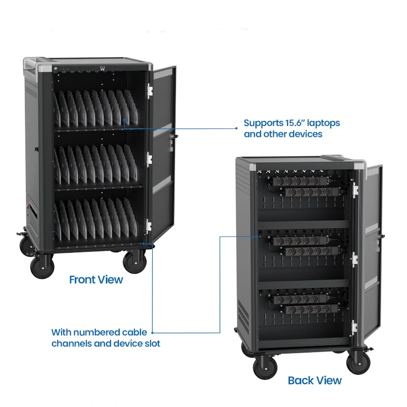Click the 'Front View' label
pyautogui.click(x=96, y=279)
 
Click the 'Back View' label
pyautogui.click(x=314, y=380)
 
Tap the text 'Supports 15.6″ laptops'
pyautogui.click(x=292, y=123)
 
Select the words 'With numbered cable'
pyautogui.click(x=99, y=332)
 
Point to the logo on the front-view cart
pyautogui.click(x=103, y=69)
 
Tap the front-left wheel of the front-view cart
pyautogui.click(x=42, y=266)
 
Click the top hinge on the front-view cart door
pyautogui.click(x=150, y=91)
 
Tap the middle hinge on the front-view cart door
pyautogui.click(x=149, y=159)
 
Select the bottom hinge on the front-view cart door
pyautogui.click(x=149, y=226)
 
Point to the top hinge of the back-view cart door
pyautogui.click(x=355, y=190)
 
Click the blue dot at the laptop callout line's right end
pyautogui.click(x=236, y=128)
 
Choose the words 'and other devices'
pyautogui.click(x=283, y=134)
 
